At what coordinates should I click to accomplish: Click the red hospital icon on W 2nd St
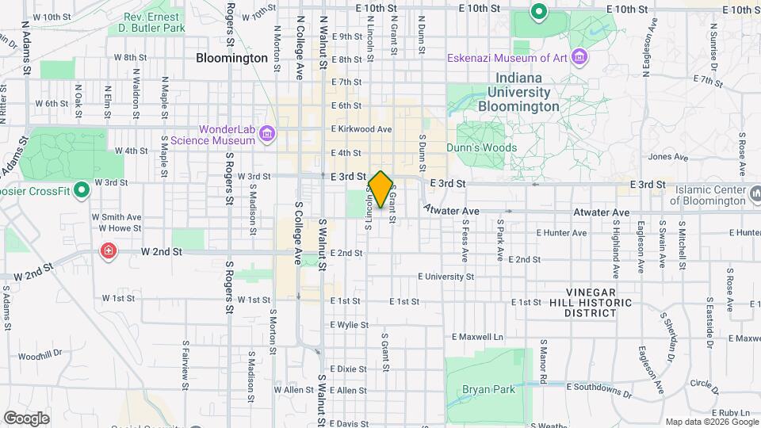(x=107, y=251)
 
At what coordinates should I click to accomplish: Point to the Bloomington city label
(x=231, y=59)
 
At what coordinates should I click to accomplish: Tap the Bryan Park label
(x=489, y=389)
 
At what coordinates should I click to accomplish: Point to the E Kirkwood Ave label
(x=361, y=128)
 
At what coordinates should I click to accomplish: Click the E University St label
(x=446, y=277)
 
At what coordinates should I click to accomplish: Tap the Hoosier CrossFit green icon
(x=80, y=191)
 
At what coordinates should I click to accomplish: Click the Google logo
(x=26, y=418)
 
